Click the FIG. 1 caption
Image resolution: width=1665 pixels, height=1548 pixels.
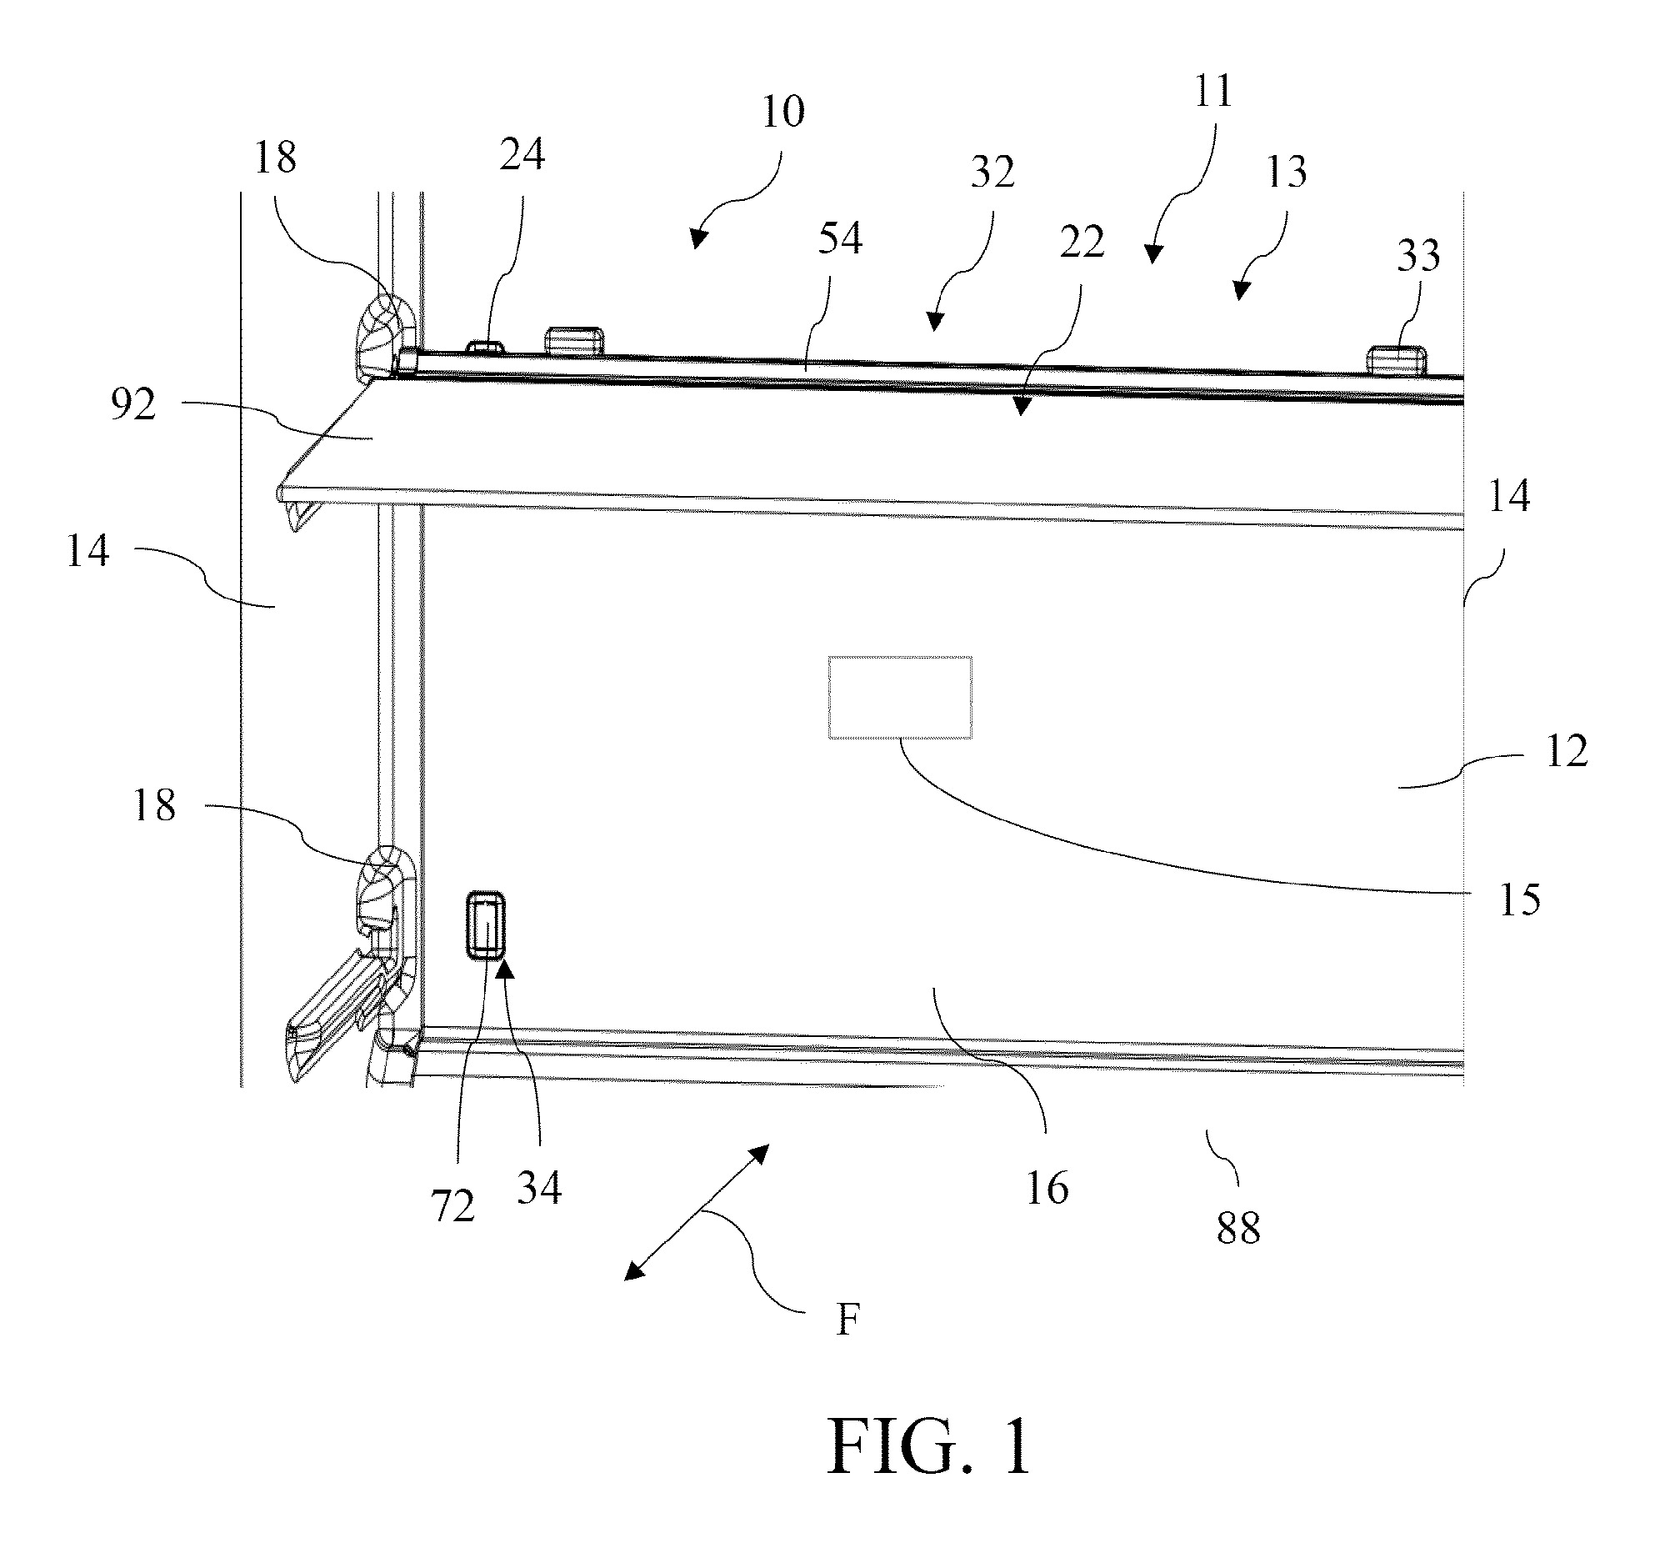tap(929, 1446)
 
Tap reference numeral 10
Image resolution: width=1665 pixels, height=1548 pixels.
tap(783, 112)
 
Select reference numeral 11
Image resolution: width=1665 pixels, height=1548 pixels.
tap(1212, 92)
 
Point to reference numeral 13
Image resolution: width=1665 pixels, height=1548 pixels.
tap(1286, 172)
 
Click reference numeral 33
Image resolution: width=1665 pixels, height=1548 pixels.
tap(1418, 254)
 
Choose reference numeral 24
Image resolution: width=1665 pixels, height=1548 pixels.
tap(522, 154)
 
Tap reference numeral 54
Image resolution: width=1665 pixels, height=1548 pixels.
tap(839, 238)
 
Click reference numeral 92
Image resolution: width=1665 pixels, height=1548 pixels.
tap(133, 405)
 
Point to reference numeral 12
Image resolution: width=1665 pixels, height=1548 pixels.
tap(1566, 751)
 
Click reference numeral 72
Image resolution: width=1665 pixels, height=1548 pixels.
tap(452, 1206)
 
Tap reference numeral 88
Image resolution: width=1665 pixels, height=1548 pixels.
tap(1237, 1229)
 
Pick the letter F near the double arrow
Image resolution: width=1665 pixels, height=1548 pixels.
tap(848, 1321)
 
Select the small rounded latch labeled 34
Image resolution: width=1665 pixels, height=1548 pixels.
tap(486, 924)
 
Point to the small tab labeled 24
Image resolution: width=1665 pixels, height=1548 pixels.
tap(487, 347)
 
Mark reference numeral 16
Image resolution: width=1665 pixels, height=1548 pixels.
tap(1047, 1189)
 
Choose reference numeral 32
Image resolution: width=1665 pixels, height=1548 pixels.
tap(992, 172)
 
